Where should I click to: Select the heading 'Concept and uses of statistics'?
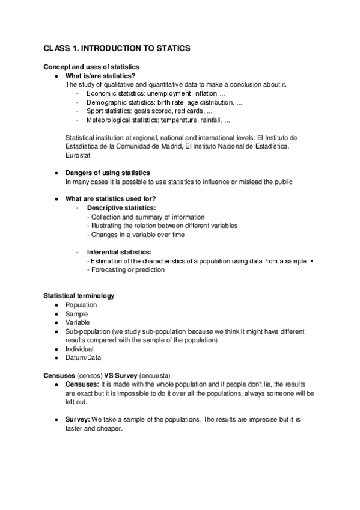coord(91,66)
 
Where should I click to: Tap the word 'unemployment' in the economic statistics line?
coord(166,94)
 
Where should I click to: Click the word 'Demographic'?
coord(107,103)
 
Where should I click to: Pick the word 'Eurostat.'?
coord(79,155)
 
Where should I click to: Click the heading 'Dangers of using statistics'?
coord(108,173)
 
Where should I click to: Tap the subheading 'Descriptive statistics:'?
coord(121,208)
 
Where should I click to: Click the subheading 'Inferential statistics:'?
coord(119,252)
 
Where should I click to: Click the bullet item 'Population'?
coord(81,305)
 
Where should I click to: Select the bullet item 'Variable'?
coord(78,322)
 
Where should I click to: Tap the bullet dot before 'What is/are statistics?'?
coord(55,76)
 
